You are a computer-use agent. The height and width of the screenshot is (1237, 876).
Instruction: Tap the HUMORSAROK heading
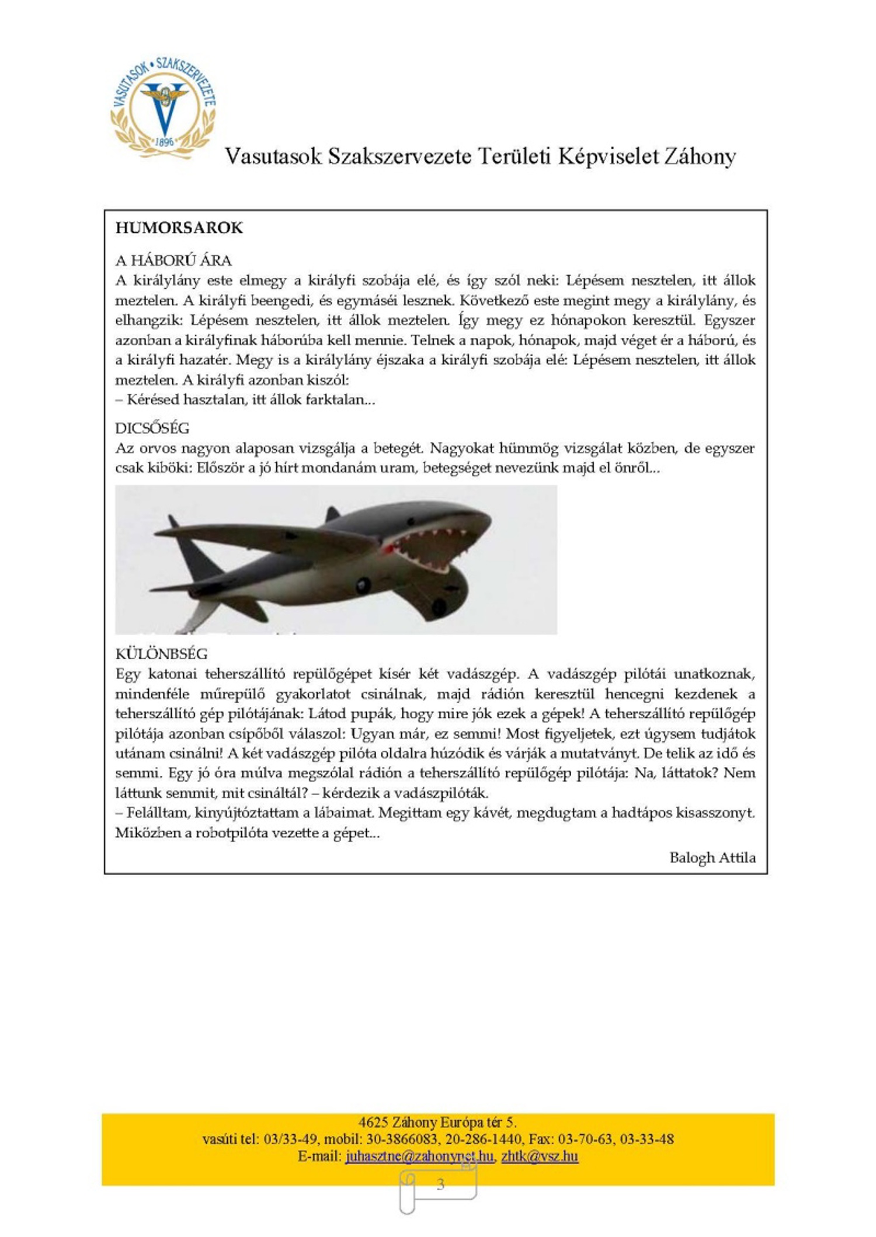[179, 228]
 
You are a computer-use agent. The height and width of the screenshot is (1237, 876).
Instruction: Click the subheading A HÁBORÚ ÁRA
[173, 260]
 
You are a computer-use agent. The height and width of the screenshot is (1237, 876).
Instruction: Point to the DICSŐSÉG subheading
[152, 428]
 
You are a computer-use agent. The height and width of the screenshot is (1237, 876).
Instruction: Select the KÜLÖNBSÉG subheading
[161, 653]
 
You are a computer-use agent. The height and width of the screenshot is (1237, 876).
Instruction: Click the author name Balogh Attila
[712, 857]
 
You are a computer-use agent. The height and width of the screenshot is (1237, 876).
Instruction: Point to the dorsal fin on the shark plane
[332, 514]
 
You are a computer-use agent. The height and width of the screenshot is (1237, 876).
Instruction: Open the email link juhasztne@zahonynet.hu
[419, 1156]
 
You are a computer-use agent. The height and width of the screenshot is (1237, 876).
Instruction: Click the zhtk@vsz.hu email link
[539, 1156]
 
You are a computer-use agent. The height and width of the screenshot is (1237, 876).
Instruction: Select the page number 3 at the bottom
[440, 1184]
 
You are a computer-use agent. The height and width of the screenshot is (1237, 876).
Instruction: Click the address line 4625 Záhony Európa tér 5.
[437, 1122]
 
